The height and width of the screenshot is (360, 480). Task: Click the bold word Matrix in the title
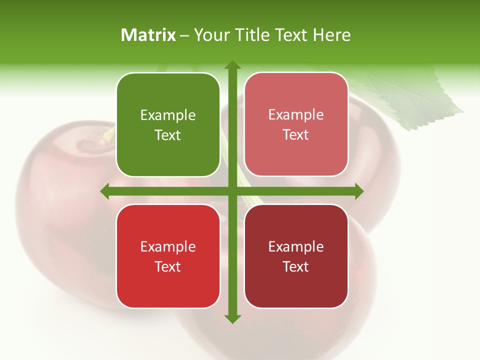point(148,35)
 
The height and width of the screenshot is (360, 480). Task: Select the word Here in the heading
point(331,35)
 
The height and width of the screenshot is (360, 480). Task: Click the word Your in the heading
point(211,35)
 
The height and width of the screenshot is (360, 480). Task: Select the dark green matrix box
point(168,125)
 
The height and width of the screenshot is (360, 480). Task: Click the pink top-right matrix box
point(296,124)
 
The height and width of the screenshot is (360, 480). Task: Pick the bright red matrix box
point(168,256)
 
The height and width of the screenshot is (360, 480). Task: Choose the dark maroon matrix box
point(296,256)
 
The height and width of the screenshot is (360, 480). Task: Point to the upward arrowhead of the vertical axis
point(232,65)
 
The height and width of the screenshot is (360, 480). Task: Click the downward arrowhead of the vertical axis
point(232,319)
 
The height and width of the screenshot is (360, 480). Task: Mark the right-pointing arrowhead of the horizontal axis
point(358,191)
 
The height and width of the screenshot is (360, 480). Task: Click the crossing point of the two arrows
point(232,191)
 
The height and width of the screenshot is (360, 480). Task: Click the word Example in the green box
point(168,115)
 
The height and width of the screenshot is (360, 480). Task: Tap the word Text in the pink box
point(296,135)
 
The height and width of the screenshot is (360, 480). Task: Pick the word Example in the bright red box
point(168,246)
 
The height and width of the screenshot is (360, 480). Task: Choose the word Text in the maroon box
point(296,266)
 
